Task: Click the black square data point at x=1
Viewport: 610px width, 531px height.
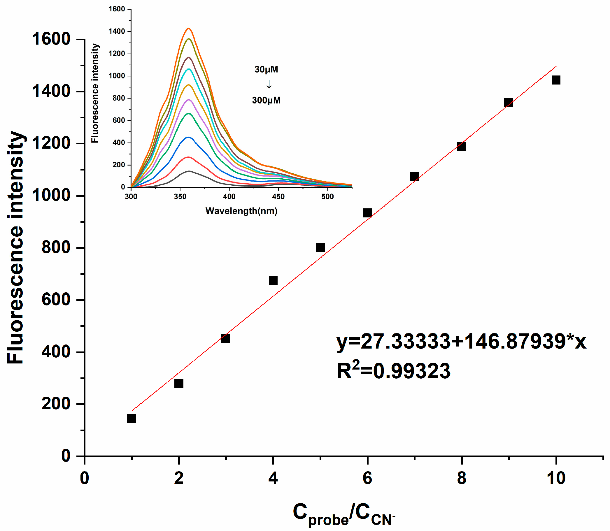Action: [131, 419]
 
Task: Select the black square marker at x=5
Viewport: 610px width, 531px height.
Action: [320, 247]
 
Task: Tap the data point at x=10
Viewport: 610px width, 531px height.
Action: [556, 80]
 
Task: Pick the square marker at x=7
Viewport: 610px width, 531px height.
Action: [414, 177]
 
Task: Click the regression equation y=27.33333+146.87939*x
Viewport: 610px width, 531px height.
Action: [461, 342]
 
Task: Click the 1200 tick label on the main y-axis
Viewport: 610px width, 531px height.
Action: [51, 143]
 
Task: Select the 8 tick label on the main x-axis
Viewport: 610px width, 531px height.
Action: [462, 478]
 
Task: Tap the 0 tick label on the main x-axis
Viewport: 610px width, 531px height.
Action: [85, 478]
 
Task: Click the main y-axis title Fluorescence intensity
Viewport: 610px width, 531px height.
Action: [15, 247]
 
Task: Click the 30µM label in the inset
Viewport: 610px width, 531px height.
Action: [266, 70]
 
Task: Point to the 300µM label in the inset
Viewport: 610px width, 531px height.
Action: [266, 101]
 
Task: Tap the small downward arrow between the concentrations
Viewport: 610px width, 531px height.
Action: [269, 85]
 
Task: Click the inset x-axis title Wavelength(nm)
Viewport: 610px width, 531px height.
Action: [241, 211]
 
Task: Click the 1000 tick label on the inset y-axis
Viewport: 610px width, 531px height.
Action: [117, 76]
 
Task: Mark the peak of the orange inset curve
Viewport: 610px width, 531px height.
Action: [189, 29]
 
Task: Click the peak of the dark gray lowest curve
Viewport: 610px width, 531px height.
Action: [189, 171]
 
